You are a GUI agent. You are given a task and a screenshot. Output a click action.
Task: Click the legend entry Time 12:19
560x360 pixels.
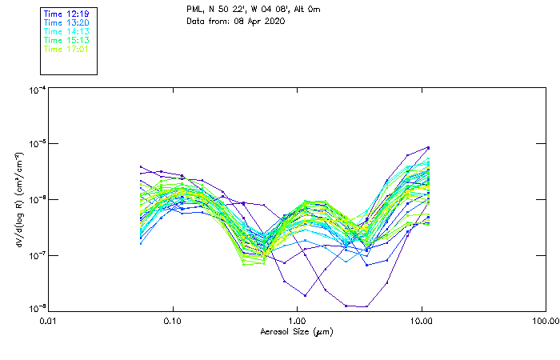tap(66, 14)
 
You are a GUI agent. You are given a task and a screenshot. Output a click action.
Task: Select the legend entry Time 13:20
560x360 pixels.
tap(66, 23)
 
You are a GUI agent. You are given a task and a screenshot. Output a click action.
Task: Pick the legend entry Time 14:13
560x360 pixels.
tap(66, 32)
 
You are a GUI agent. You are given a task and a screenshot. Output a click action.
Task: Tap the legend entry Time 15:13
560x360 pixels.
tap(66, 40)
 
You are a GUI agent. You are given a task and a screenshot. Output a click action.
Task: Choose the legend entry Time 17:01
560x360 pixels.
tap(66, 49)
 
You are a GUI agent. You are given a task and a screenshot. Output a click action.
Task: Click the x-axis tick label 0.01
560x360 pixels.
tap(48, 321)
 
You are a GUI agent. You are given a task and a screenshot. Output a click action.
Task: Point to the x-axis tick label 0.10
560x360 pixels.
tap(172, 321)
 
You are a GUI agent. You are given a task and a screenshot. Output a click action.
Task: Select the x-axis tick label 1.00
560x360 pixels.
tap(297, 321)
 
